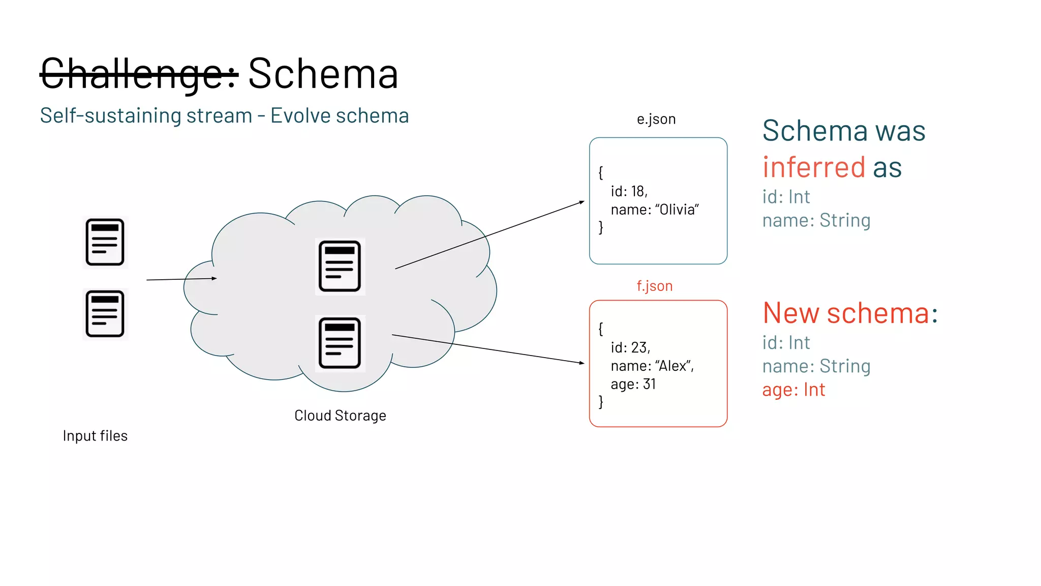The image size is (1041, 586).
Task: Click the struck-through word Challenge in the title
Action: coord(138,74)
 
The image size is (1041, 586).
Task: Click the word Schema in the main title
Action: coord(323,74)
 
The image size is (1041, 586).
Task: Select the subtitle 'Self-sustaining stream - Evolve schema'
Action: coord(224,116)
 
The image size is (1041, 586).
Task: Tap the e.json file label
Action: coord(656,119)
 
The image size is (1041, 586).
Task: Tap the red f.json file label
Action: coord(654,286)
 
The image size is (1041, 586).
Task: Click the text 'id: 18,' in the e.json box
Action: coord(629,191)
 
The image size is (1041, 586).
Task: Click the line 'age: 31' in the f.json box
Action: coord(633,384)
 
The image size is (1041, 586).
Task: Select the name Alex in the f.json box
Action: coord(673,366)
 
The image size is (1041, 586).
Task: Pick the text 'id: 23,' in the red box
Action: coord(630,347)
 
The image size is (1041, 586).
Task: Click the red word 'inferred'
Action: coord(813,167)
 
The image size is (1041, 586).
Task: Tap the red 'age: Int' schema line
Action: coord(793,390)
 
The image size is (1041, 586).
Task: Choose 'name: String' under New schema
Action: coord(816,366)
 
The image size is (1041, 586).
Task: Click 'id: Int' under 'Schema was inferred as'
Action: coord(786,197)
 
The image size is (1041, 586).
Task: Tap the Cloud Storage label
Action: coord(340,416)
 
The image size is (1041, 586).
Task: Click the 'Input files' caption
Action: coord(95,436)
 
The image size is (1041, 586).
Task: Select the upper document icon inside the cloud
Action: coord(340,266)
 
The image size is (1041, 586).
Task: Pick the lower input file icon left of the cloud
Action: coord(105,314)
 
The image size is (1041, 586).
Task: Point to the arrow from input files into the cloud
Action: coord(181,279)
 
